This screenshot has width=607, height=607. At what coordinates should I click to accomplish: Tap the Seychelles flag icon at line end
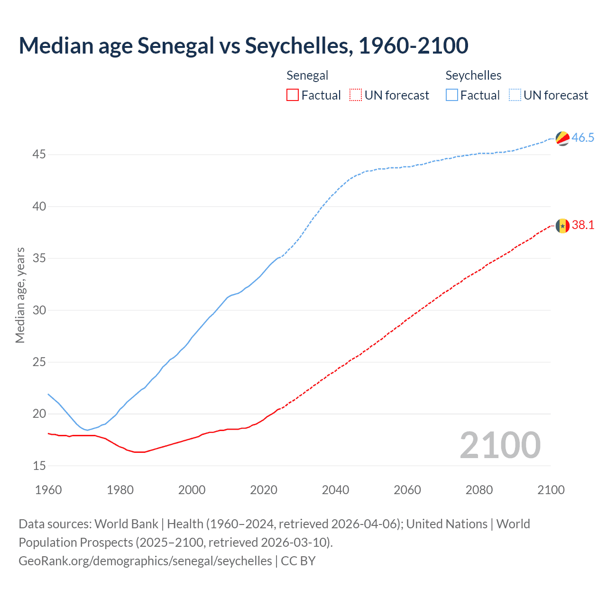562,138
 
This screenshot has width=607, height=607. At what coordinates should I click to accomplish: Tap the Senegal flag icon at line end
562,225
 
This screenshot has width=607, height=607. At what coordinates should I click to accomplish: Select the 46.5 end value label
583,138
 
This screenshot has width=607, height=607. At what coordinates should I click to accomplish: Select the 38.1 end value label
583,225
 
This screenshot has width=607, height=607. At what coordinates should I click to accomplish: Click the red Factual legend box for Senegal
293,95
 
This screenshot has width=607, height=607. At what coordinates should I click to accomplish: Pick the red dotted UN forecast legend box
356,95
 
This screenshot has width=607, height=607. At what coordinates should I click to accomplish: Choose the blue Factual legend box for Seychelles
452,95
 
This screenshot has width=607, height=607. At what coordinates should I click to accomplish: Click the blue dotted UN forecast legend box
515,95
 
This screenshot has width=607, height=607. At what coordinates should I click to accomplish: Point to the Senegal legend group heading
307,75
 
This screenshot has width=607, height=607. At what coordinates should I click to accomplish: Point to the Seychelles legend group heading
473,75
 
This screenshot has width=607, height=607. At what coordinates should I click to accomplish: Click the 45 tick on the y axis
39,155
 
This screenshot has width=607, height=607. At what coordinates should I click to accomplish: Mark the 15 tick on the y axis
39,466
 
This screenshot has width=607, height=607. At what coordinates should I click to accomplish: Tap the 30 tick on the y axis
39,310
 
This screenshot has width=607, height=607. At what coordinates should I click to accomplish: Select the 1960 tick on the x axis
48,490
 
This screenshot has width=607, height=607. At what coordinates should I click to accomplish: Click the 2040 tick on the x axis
335,490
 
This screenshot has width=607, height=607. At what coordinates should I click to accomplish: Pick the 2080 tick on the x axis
479,490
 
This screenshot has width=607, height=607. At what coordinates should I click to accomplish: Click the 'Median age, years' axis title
20,295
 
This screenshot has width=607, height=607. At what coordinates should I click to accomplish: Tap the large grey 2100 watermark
500,445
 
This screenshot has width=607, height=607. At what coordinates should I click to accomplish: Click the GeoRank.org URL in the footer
145,561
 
